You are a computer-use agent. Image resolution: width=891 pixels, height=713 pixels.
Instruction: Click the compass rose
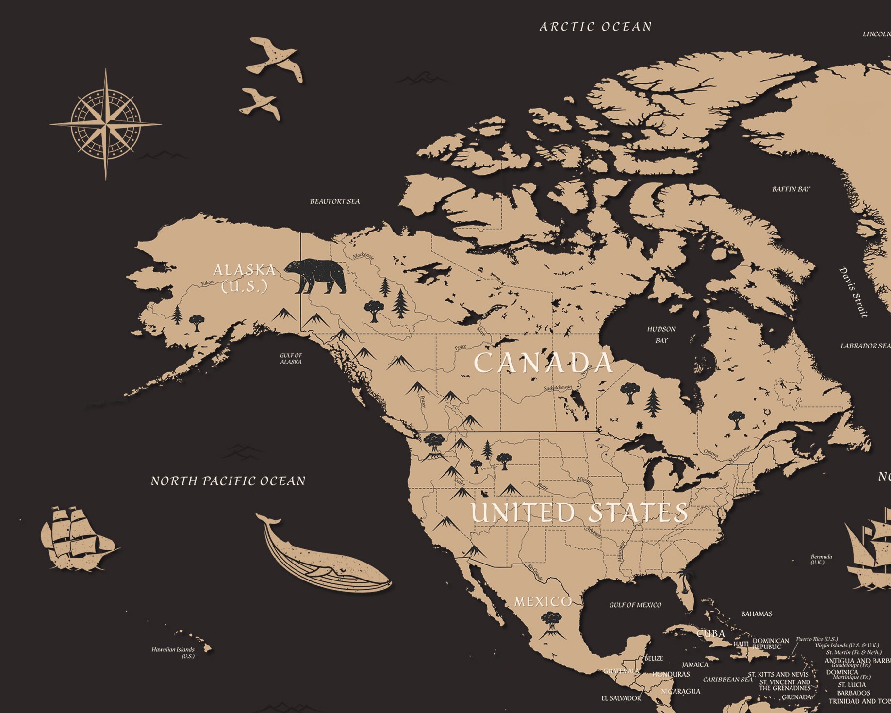point(106,124)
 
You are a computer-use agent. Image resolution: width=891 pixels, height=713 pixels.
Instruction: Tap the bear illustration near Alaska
point(315,276)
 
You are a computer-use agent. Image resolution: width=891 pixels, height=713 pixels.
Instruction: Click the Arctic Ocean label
point(595,27)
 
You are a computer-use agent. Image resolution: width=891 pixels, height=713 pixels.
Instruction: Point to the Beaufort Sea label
point(335,201)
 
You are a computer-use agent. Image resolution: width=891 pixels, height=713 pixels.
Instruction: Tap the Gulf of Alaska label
point(291,358)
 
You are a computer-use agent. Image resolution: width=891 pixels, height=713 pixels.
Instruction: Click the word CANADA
point(543,363)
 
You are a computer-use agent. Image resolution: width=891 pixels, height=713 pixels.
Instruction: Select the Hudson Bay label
point(661,334)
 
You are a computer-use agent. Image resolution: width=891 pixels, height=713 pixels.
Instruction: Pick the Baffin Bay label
point(791,189)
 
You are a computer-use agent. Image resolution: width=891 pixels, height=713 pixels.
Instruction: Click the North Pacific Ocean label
point(228,481)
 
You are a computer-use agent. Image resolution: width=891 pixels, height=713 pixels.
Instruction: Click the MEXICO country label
point(543,602)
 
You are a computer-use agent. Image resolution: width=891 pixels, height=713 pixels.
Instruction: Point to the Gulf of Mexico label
point(635,605)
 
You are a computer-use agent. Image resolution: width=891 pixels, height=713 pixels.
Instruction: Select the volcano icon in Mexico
point(552,625)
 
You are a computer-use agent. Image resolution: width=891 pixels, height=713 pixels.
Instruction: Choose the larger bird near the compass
point(275,59)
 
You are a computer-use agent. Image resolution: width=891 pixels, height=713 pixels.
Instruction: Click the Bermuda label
point(821,559)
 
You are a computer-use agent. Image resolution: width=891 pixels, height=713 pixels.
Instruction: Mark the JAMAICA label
point(695,664)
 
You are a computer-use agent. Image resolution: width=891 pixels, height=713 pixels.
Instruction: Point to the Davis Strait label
point(854,292)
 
